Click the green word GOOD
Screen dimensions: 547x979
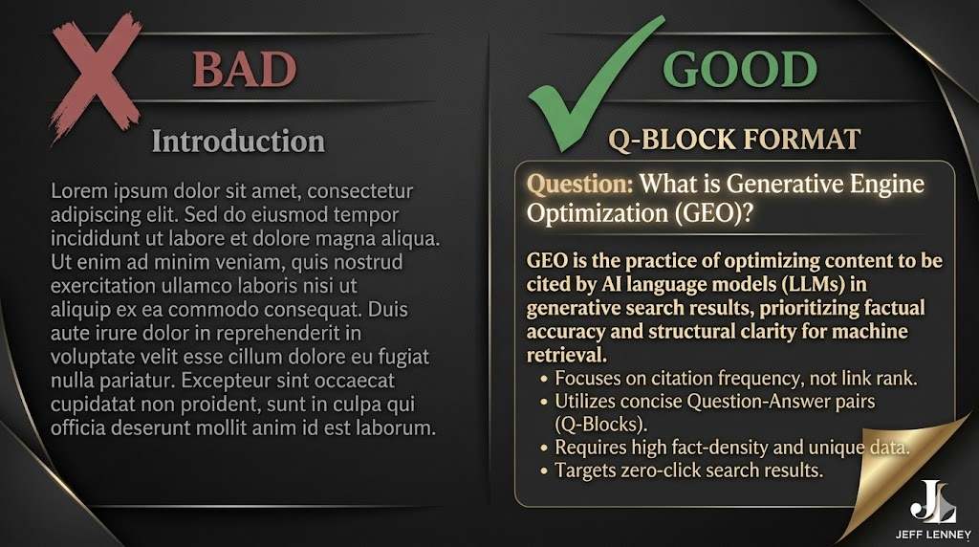pos(740,69)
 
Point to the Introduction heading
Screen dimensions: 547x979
pos(238,142)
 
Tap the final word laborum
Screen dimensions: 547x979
pos(395,427)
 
